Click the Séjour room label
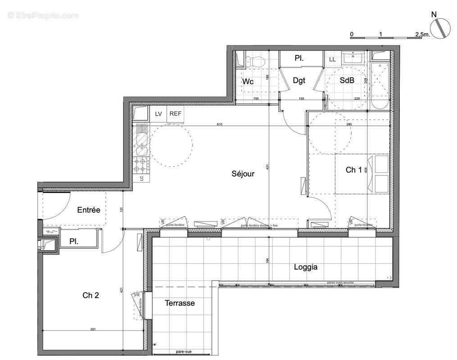click(x=243, y=173)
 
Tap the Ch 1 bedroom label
click(x=353, y=170)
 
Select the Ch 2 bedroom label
click(x=90, y=295)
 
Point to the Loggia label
click(x=306, y=267)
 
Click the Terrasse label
click(x=179, y=303)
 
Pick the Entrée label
click(x=88, y=210)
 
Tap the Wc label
click(x=248, y=81)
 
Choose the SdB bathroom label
click(x=346, y=81)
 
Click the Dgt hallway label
click(x=299, y=81)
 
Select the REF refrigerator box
click(x=175, y=114)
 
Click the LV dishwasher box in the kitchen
click(x=158, y=114)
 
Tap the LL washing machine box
click(x=332, y=59)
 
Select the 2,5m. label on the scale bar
click(x=422, y=34)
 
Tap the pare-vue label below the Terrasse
click(x=182, y=352)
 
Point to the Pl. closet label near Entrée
click(x=74, y=242)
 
